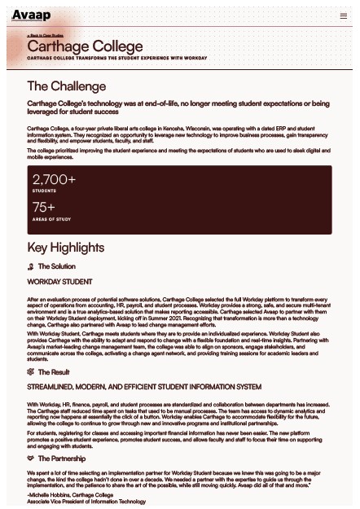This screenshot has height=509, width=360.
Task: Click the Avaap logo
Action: [31, 15]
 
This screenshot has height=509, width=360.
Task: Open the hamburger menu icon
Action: [344, 15]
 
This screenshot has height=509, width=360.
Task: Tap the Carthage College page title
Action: [85, 47]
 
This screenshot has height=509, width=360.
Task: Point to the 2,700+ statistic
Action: [54, 179]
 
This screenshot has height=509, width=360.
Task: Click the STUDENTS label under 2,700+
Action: [44, 191]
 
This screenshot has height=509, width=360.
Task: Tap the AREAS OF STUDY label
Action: [51, 219]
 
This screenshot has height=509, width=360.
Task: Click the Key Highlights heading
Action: [65, 248]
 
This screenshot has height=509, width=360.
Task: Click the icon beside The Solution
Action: [31, 266]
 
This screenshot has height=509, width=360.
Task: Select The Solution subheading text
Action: [57, 266]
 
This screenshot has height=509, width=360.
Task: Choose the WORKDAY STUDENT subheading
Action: [59, 282]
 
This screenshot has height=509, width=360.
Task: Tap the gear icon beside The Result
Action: [31, 371]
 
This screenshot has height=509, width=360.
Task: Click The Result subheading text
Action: [54, 371]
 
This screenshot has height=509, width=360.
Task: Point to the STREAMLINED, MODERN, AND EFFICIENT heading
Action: [144, 387]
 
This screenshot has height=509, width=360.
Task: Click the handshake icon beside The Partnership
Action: [31, 459]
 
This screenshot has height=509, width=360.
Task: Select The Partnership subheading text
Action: [61, 459]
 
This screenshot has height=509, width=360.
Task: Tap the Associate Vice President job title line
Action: [86, 502]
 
